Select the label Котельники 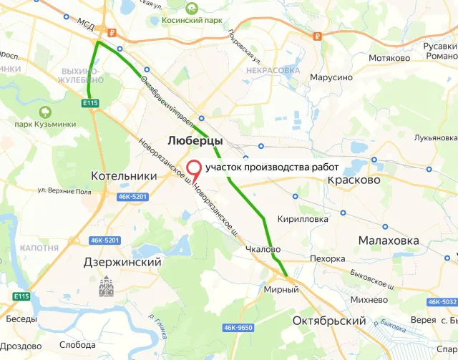tap(124, 175)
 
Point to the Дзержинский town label tap(121, 263)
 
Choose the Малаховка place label tap(389, 240)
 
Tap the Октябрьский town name tap(329, 321)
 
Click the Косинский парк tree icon tap(192, 9)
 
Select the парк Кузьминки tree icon tap(46, 112)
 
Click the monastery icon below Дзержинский tap(107, 287)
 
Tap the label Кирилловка tap(303, 219)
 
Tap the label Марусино tap(331, 77)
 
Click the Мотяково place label tap(388, 58)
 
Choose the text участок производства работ tap(271, 167)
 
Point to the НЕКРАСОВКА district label tap(272, 70)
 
